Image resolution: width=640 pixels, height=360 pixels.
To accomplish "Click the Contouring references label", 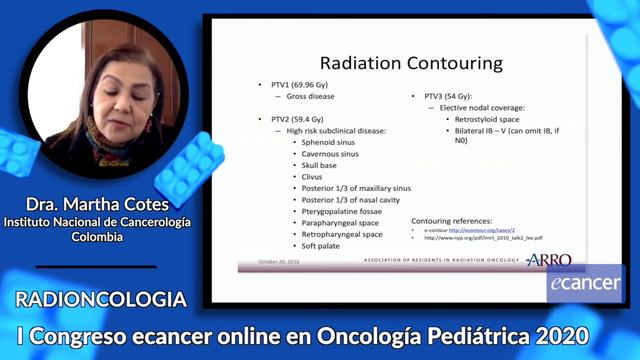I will click(451, 220).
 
